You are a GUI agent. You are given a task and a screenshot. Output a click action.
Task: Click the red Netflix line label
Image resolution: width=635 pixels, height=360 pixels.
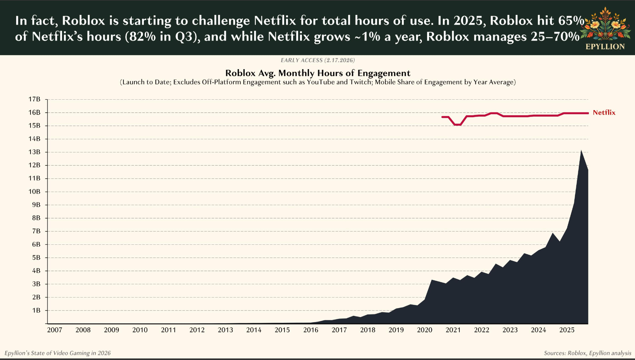(x=604, y=113)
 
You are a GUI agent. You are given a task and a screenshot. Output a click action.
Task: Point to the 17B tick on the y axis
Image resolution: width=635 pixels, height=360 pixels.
(x=35, y=99)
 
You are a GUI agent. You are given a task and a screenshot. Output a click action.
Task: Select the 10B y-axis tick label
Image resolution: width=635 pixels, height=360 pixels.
(x=35, y=191)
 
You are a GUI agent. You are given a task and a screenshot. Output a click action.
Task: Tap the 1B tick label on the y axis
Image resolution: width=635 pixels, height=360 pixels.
(x=36, y=310)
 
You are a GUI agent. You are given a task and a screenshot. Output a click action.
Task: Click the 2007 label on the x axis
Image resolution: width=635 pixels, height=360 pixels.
(x=55, y=330)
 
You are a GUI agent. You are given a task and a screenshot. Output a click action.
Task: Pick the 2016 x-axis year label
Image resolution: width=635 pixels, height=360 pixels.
(x=311, y=330)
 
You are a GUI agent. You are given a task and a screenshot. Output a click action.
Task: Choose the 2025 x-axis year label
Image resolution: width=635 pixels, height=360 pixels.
(x=567, y=330)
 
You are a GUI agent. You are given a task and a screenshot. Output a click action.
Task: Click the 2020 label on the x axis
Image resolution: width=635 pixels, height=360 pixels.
(x=424, y=330)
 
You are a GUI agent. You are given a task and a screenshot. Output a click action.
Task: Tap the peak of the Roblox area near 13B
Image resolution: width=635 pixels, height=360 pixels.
(x=581, y=151)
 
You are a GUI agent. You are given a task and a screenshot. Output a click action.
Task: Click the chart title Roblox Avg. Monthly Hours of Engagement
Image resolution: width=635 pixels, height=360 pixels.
(x=317, y=73)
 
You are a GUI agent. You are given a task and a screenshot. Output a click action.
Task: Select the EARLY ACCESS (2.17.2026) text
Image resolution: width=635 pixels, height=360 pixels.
(x=317, y=60)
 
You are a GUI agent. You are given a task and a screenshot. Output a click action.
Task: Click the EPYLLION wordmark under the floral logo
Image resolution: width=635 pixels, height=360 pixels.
(x=605, y=47)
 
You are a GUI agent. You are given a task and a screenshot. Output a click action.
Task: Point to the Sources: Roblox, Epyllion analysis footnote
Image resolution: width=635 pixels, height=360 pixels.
(x=587, y=353)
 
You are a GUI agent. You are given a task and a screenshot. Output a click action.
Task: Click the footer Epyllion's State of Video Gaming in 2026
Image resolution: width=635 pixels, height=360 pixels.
(x=57, y=353)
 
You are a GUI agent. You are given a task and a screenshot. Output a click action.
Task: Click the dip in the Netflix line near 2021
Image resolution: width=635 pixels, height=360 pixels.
(x=458, y=125)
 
